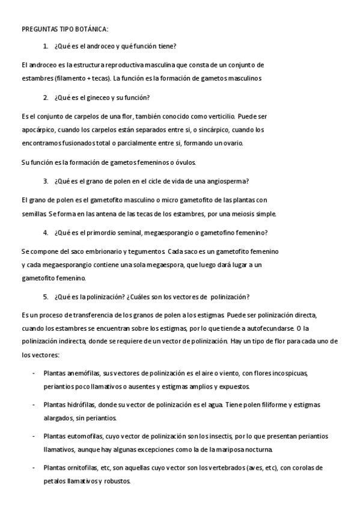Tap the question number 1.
46,46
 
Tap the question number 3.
46,181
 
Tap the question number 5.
46,296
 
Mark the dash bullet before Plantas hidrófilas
32,404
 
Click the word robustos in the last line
115,481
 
